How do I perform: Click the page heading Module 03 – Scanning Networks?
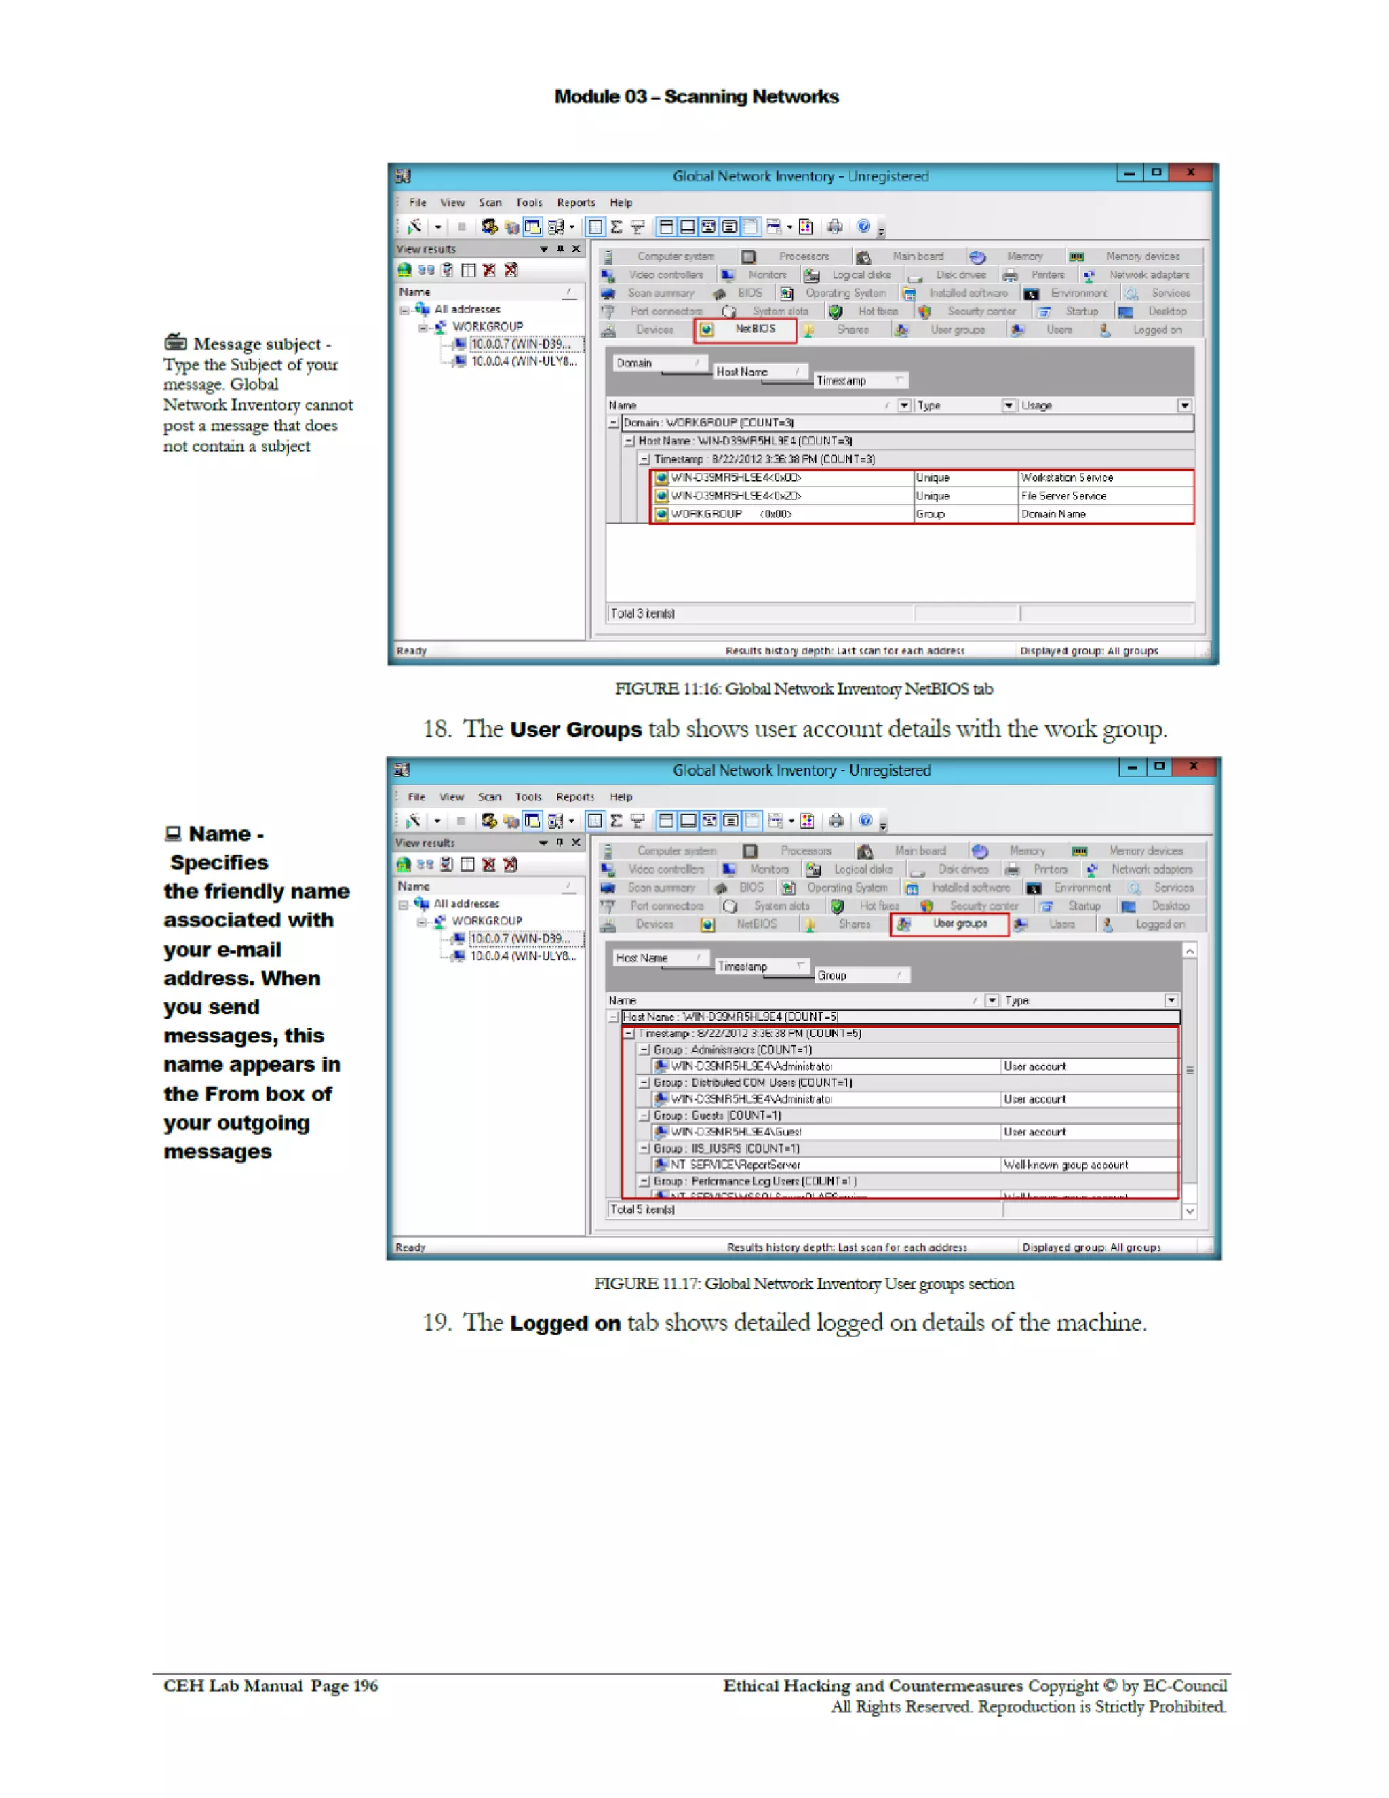[x=696, y=96]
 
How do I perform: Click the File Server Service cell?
[x=1063, y=496]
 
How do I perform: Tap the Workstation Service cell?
[x=1066, y=477]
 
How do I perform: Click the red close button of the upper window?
[x=1190, y=173]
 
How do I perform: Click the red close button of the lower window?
[x=1192, y=766]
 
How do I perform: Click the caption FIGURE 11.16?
[x=803, y=689]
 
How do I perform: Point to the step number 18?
[x=436, y=728]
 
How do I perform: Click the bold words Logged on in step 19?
[x=565, y=1323]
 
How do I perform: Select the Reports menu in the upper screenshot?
[x=576, y=203]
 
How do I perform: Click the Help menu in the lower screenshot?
[x=621, y=797]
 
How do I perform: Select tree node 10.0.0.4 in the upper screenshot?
[x=523, y=361]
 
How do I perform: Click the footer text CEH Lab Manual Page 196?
[x=270, y=1685]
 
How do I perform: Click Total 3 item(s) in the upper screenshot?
[x=642, y=613]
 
